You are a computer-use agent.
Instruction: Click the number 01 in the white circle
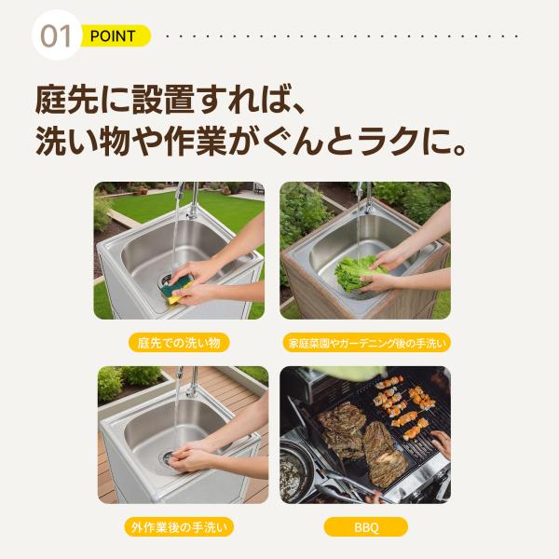pos(55,36)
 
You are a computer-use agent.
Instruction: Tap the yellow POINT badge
pos(115,36)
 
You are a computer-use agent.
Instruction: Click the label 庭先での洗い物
pos(179,343)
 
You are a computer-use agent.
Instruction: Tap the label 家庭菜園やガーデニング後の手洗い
pos(367,343)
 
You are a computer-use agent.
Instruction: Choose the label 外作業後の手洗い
pos(179,527)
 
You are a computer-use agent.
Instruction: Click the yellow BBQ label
pos(366,527)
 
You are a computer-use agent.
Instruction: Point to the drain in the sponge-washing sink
pos(165,280)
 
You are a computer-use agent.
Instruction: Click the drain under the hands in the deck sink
pos(168,459)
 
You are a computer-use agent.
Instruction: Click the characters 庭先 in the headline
pos(67,100)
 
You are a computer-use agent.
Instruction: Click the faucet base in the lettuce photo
pos(367,208)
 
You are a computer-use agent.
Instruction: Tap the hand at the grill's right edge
pos(442,443)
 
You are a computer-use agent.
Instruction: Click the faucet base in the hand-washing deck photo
pos(191,392)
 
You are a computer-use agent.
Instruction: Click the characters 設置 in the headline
pos(163,100)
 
